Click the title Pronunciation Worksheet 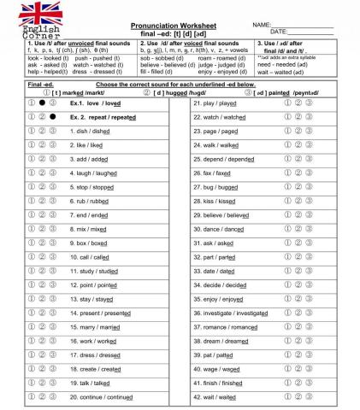click(179, 26)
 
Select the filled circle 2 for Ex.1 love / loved click(41, 102)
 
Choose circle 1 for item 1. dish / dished click(30, 131)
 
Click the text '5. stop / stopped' click(95, 187)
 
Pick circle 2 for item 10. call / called click(41, 257)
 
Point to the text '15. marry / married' click(98, 327)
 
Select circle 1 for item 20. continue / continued click(30, 397)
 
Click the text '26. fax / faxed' click(218, 173)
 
